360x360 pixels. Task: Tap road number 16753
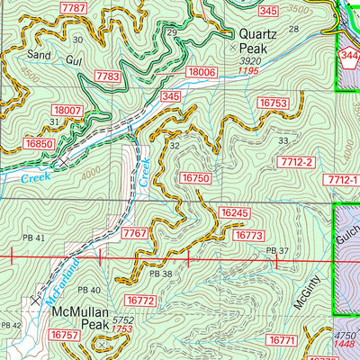pyautogui.click(x=272, y=104)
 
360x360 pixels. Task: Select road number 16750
pyautogui.click(x=195, y=179)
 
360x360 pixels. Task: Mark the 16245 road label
pyautogui.click(x=233, y=212)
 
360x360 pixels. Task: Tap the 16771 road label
pyautogui.click(x=282, y=339)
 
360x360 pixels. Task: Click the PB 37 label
pyautogui.click(x=277, y=250)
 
